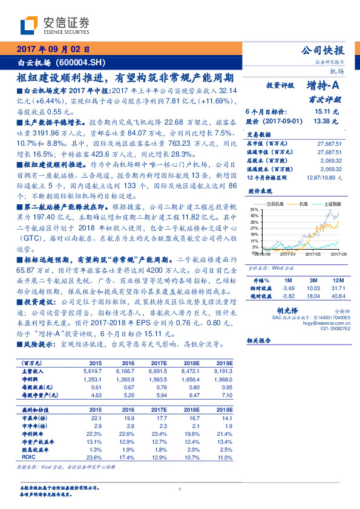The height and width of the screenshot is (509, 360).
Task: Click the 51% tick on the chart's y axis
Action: [254, 209]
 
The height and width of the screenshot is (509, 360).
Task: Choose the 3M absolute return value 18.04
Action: [312, 295]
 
